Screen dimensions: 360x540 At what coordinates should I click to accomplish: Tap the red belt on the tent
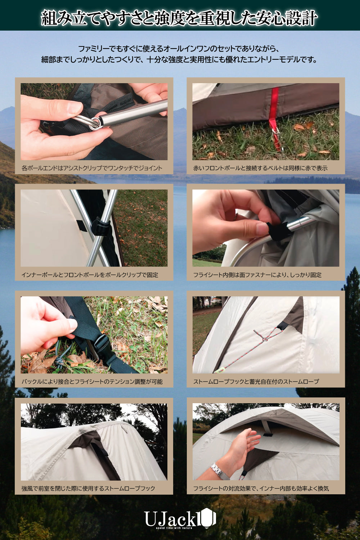click(274, 106)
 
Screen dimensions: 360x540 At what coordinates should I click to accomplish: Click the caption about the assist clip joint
click(92, 168)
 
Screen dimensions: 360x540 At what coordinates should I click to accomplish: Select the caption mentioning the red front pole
click(260, 168)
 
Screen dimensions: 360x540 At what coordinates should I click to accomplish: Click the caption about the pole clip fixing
click(90, 275)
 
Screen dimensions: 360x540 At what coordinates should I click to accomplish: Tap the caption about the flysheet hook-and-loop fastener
click(257, 275)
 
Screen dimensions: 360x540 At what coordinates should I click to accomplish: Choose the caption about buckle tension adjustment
click(92, 382)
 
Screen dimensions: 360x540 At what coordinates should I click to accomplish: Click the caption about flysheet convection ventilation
click(261, 489)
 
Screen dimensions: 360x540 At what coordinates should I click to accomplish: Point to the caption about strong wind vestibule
click(88, 489)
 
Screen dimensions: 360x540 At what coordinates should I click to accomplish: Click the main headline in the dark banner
click(179, 18)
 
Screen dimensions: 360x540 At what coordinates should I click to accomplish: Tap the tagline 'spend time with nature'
click(174, 528)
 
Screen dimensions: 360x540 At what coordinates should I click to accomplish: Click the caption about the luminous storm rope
click(256, 382)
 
